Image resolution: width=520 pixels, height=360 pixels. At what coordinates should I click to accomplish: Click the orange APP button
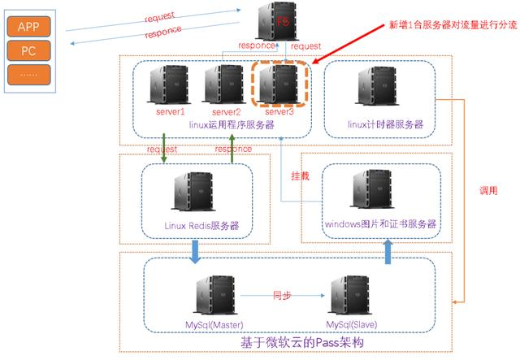coord(29,27)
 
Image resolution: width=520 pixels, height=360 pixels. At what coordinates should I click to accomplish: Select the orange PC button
coord(29,50)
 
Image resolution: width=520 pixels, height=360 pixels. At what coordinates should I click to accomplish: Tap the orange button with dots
coord(29,75)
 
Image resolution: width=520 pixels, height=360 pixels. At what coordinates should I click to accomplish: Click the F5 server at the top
coord(278,21)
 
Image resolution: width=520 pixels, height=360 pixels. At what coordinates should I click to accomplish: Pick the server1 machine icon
coord(169,85)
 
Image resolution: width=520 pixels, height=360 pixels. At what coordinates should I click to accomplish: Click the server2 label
coord(226,112)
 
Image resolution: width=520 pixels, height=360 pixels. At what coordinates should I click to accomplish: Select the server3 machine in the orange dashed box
coord(279,84)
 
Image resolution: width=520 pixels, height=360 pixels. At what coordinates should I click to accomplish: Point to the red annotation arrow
coord(349,43)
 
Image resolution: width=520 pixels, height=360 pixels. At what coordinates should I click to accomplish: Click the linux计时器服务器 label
coord(385,124)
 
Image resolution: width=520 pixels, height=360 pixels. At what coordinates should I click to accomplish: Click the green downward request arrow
coord(163,148)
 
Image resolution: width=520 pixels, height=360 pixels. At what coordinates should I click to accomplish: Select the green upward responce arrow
coord(232,148)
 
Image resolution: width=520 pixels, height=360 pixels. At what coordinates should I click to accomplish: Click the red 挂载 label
coord(300,176)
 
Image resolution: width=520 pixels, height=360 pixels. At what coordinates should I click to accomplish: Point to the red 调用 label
coord(488,190)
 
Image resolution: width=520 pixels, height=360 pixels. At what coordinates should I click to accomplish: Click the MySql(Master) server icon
coord(215,295)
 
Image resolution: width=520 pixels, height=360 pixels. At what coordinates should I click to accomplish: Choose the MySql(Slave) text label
coord(352,324)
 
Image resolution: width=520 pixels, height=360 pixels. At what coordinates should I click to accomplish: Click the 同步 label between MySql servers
coord(282,295)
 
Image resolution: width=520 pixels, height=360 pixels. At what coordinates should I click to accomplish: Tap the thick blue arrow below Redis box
coord(195,252)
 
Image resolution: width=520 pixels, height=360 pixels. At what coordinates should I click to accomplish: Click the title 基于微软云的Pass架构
coord(302,342)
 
